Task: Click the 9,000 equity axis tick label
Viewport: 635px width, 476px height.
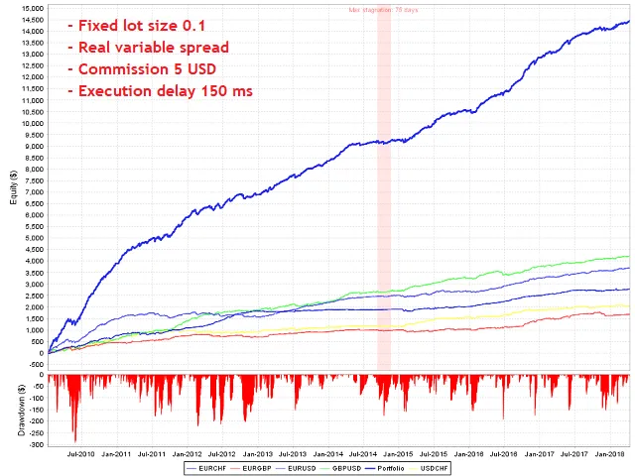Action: [33, 146]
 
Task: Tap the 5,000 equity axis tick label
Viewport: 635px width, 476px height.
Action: [33, 238]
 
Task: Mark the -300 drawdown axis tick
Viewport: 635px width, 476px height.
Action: [36, 444]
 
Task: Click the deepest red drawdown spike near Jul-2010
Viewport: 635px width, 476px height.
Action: [74, 439]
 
